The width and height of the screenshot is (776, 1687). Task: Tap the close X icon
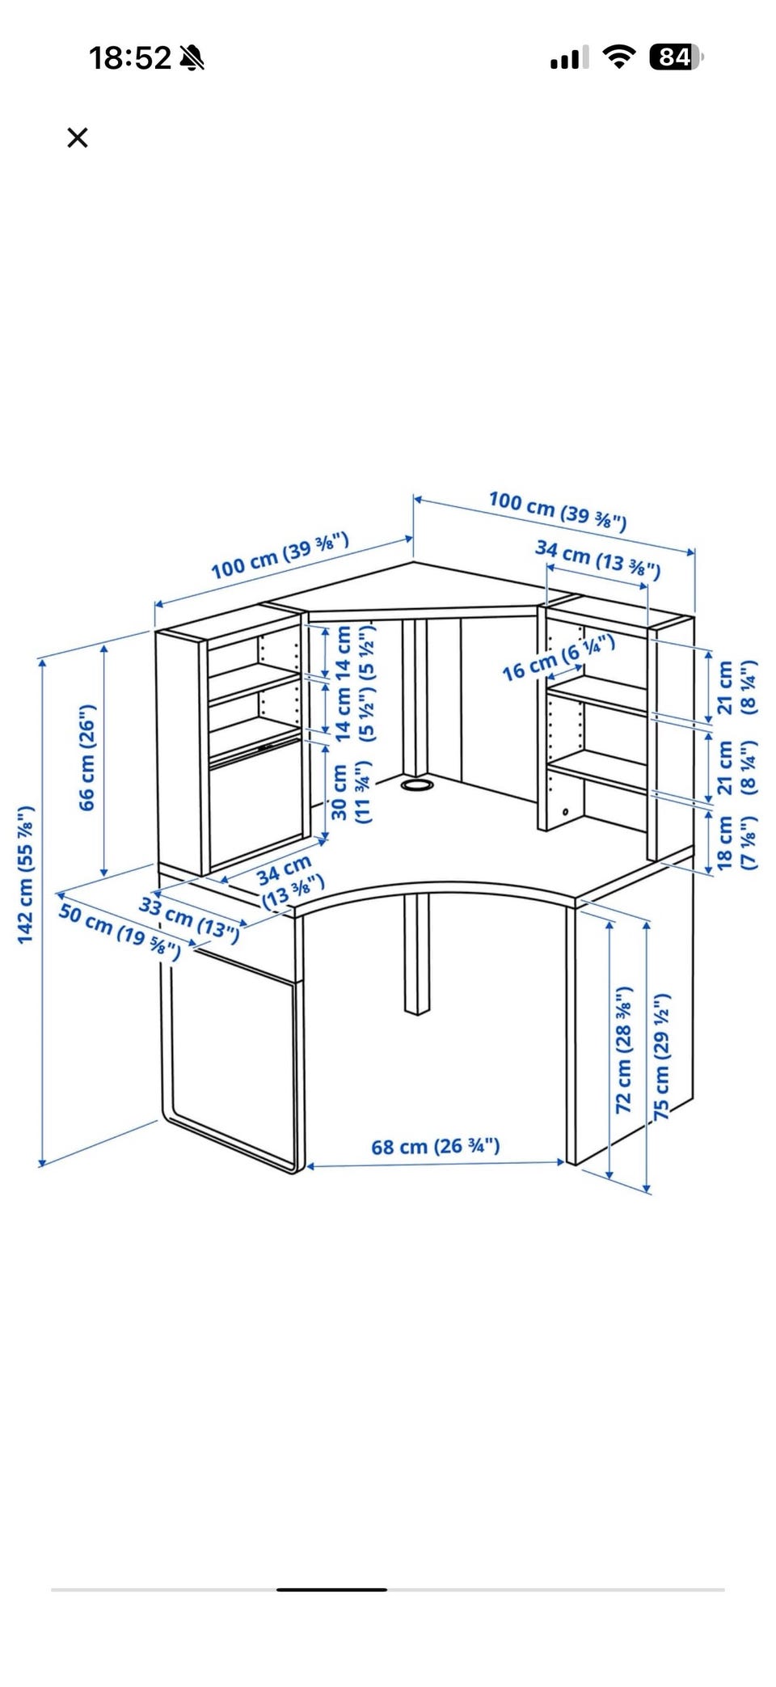coord(78,137)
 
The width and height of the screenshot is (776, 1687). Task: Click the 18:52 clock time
coord(130,58)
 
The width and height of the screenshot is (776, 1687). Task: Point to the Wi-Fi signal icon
coord(619,57)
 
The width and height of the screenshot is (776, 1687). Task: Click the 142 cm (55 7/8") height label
coord(26,874)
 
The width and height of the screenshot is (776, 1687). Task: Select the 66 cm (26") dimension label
coord(86,757)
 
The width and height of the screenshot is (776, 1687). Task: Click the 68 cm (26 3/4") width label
coord(436,1146)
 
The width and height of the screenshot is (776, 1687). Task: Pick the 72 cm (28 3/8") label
coord(623,1050)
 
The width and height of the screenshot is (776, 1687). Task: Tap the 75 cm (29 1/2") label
coord(662,1057)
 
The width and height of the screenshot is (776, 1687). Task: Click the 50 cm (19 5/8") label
coord(120,932)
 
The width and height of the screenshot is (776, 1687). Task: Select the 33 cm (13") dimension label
coord(190,920)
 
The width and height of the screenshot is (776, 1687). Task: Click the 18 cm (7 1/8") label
coord(737,843)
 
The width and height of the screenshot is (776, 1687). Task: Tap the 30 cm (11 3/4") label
coord(352,792)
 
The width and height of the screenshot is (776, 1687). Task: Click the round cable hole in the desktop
coord(417,784)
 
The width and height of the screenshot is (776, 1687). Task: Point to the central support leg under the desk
coord(416,953)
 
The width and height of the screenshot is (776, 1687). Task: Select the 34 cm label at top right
coord(598,560)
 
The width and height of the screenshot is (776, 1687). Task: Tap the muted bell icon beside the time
coord(192,57)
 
